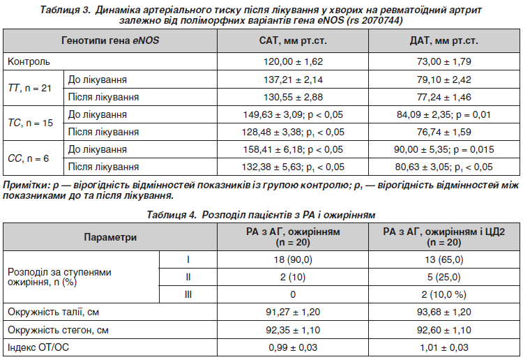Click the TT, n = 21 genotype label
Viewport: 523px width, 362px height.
point(29,88)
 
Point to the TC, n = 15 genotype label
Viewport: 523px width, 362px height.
point(30,123)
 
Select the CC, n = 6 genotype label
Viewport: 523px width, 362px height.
point(28,158)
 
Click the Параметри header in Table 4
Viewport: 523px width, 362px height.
point(110,237)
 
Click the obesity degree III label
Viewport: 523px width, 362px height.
point(188,294)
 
